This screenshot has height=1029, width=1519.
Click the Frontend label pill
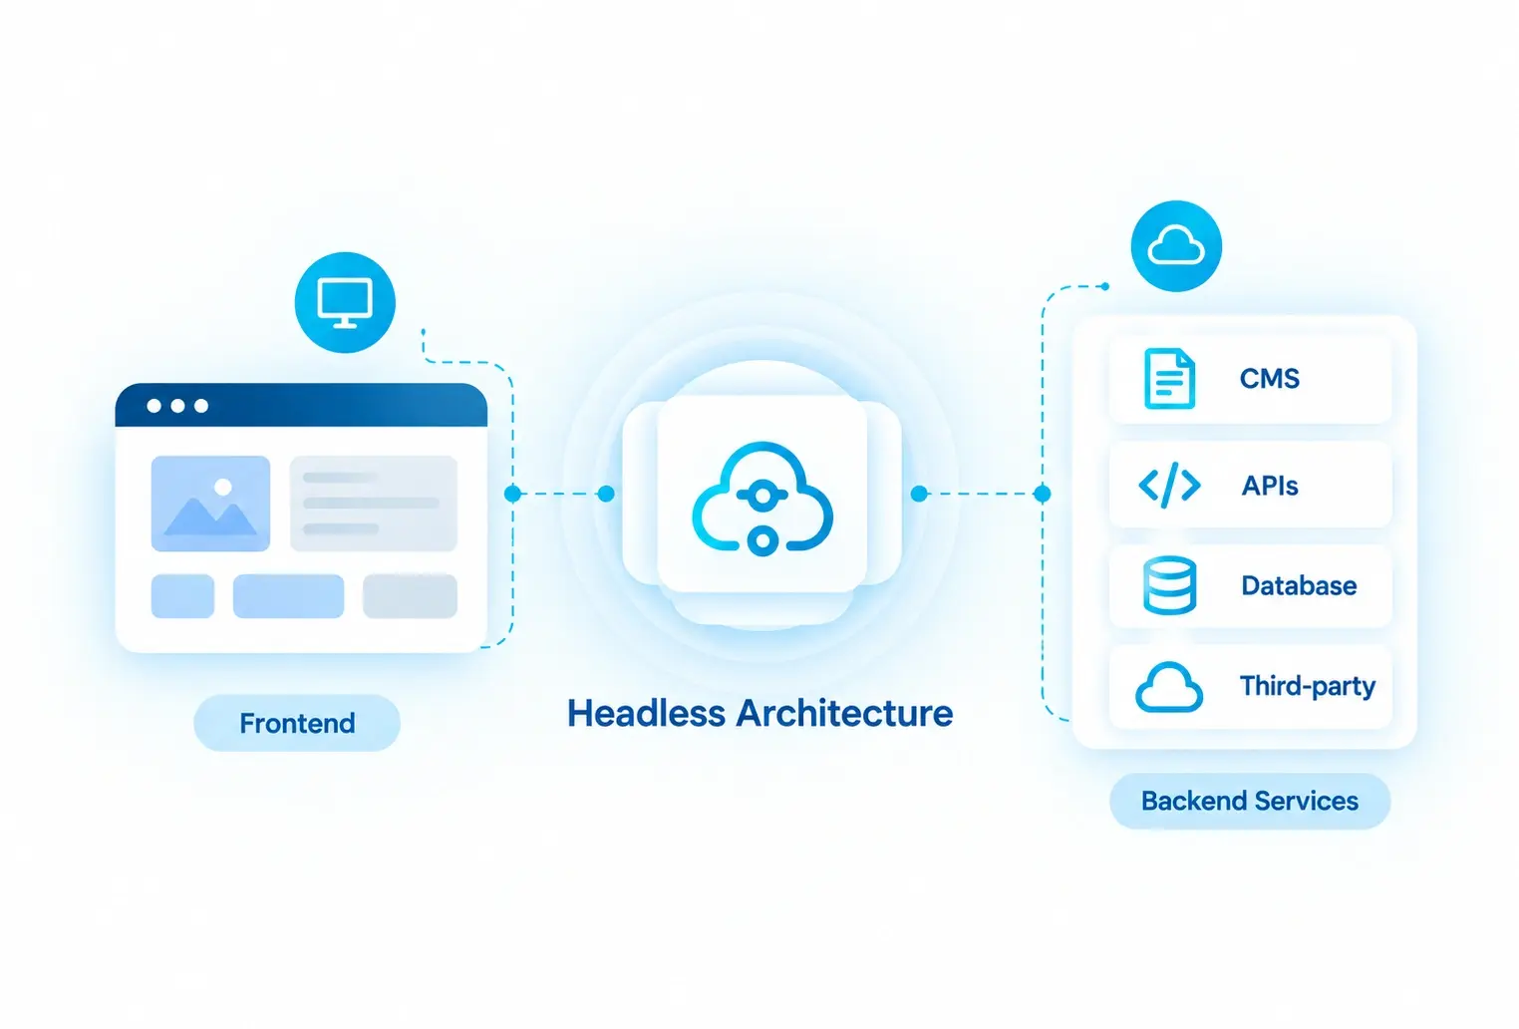pos(297,723)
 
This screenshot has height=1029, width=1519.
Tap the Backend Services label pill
pos(1250,801)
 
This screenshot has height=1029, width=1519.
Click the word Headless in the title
pos(646,714)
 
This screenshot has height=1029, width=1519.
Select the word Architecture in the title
pos(845,714)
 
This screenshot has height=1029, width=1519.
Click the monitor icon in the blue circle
pos(345,302)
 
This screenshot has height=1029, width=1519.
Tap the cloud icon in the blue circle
pos(1176,245)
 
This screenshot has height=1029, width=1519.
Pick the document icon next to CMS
pos(1169,379)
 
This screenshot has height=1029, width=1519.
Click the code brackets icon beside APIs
pos(1169,485)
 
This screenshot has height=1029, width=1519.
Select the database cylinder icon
pos(1169,585)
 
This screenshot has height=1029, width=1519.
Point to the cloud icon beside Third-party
pos(1169,687)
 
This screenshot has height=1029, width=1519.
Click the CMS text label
pos(1270,379)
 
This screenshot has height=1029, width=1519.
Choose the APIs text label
pos(1270,486)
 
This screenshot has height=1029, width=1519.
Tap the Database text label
pos(1299,585)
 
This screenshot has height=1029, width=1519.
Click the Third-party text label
pos(1308,686)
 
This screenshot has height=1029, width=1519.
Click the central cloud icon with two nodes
pos(762,499)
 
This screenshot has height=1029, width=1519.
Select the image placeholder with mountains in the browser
pos(210,504)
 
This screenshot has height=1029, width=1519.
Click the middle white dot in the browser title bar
pos(177,406)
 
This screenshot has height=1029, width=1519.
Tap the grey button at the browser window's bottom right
pos(410,596)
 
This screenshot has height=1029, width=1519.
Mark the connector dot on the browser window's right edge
pos(512,494)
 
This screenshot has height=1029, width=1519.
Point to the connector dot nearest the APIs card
pos(1043,494)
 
